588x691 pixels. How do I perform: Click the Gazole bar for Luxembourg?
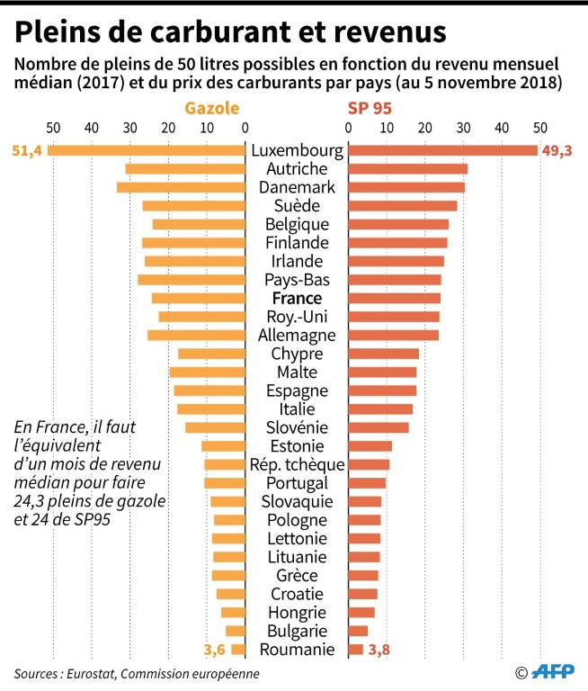147,150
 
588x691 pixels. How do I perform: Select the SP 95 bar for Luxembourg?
442,150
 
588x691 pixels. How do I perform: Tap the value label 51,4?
27,150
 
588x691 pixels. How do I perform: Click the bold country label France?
297,298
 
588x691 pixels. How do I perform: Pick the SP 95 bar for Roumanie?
355,650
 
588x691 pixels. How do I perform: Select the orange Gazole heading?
212,108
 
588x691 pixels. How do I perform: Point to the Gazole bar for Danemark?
181,187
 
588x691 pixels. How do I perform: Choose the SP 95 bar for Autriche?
407,169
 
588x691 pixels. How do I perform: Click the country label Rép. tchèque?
297,464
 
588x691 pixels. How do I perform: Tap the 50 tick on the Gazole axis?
53,127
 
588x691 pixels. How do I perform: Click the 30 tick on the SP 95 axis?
463,127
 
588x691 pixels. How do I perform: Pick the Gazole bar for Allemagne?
196,335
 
